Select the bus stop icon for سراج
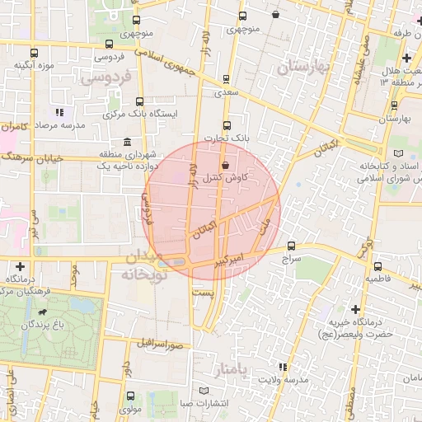pos(291,246)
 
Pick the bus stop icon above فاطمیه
pos(377,267)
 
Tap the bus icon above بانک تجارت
pos(227,125)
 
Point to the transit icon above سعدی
pos(227,80)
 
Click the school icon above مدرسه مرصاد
pos(59,112)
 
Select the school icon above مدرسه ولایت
pos(283,367)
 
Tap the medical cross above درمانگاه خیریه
pos(355,309)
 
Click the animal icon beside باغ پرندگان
pos(41,313)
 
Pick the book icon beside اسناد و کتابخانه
pos(400,153)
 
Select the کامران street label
pos(15,128)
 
